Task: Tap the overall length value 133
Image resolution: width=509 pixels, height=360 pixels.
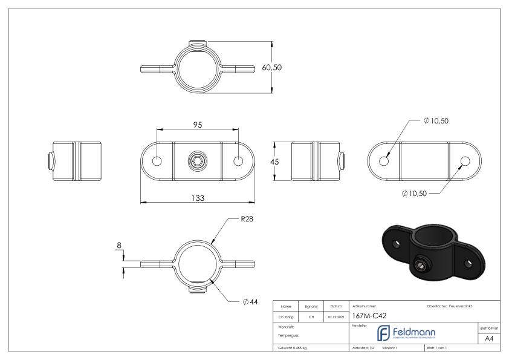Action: coord(197,198)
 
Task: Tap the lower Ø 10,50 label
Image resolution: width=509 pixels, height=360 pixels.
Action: coord(414,194)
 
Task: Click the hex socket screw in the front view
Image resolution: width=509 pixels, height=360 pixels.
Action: coord(198,162)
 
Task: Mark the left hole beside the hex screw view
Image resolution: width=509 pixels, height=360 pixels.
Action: coord(157,162)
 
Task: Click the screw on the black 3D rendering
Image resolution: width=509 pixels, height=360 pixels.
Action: coord(420,266)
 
